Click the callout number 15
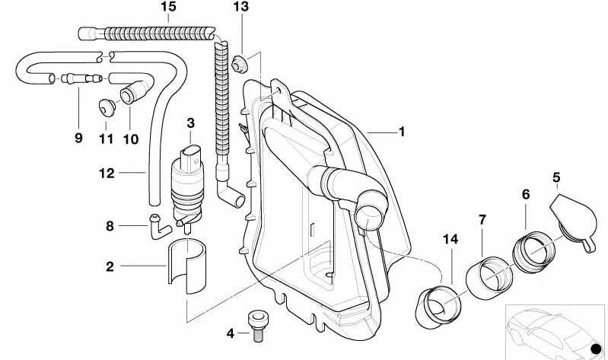tap(168, 7)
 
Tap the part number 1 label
tap(402, 132)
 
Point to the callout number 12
tap(107, 174)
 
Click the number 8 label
tap(109, 225)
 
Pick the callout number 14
tap(450, 239)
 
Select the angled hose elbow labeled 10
tap(131, 94)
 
